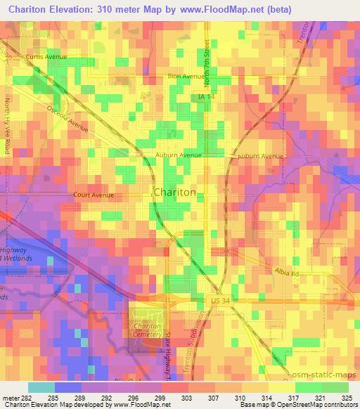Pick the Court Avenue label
[93, 195]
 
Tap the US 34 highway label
[220, 301]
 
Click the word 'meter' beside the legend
[13, 397]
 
